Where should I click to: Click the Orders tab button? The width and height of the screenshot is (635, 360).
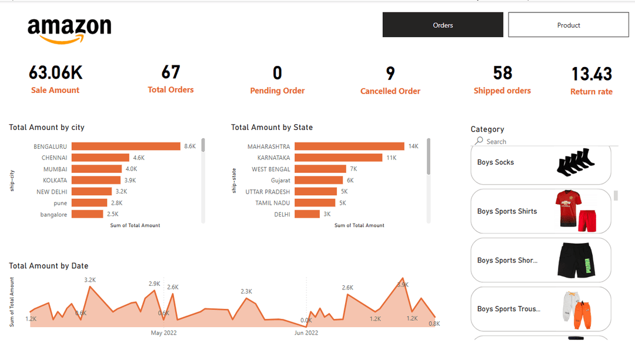(443, 25)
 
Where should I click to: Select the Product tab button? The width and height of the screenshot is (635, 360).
(568, 25)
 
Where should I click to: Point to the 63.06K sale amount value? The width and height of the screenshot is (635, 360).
(55, 73)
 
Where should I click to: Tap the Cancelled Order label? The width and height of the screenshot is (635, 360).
(390, 91)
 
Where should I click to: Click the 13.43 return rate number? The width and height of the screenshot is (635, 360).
(591, 74)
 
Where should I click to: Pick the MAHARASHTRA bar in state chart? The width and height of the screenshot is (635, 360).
(349, 146)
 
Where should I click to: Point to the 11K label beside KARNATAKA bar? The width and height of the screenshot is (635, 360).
(391, 158)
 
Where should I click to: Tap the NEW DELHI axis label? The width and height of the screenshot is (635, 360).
(52, 192)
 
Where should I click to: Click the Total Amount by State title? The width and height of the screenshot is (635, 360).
(272, 128)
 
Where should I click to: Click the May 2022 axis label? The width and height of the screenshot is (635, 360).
(163, 333)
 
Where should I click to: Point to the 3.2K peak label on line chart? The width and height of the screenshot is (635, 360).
(90, 280)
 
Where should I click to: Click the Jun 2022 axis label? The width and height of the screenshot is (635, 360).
(306, 333)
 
